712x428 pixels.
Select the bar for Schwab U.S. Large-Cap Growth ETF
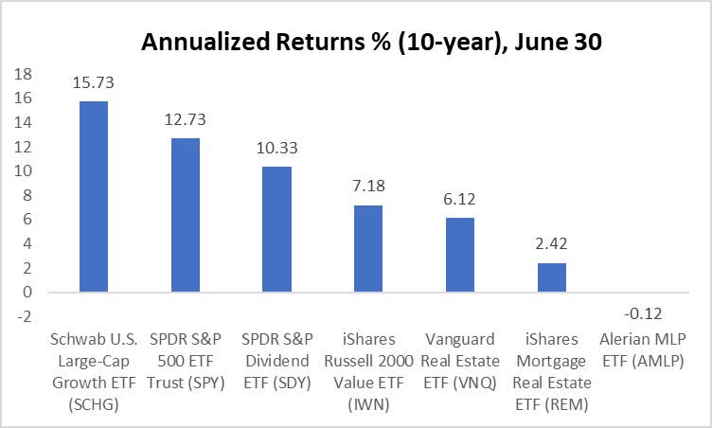(x=94, y=196)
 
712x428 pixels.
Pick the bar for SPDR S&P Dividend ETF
(x=276, y=229)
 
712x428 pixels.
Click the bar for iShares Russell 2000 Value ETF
(x=368, y=248)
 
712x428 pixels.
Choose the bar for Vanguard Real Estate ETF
(x=460, y=255)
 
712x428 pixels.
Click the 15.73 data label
(x=94, y=84)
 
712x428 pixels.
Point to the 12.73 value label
(x=185, y=120)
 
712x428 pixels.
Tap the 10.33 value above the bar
(x=276, y=150)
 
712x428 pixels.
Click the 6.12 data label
(x=460, y=201)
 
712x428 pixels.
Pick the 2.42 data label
(x=551, y=245)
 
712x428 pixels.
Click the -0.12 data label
(x=643, y=310)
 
